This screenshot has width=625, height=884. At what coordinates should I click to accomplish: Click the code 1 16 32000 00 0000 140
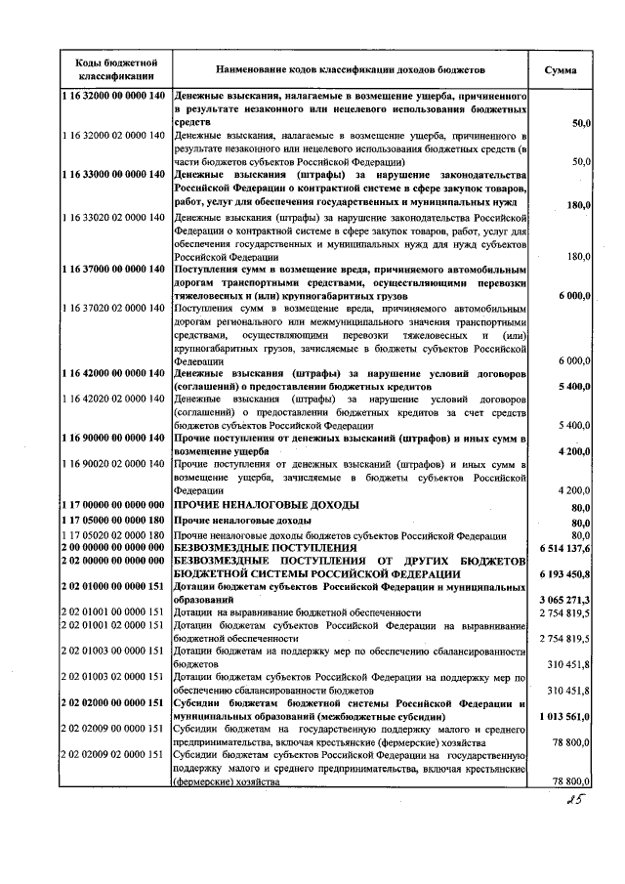pyautogui.click(x=114, y=99)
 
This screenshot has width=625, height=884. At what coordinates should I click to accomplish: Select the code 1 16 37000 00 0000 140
pyautogui.click(x=114, y=269)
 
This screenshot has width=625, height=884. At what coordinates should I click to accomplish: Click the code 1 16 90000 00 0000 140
pyautogui.click(x=114, y=438)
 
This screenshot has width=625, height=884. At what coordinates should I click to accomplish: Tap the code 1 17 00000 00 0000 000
pyautogui.click(x=114, y=505)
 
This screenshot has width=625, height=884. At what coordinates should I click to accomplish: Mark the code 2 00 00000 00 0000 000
pyautogui.click(x=114, y=549)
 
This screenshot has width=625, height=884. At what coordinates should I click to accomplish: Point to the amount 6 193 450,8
pyautogui.click(x=563, y=575)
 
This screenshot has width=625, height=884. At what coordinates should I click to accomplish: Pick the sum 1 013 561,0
pyautogui.click(x=563, y=716)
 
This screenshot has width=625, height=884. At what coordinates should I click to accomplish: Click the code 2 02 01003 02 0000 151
pyautogui.click(x=114, y=677)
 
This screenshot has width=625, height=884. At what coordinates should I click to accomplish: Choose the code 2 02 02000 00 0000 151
pyautogui.click(x=114, y=703)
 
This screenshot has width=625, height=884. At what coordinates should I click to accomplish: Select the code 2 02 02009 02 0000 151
pyautogui.click(x=114, y=755)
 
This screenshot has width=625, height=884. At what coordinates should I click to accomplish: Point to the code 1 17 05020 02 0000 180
pyautogui.click(x=114, y=535)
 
